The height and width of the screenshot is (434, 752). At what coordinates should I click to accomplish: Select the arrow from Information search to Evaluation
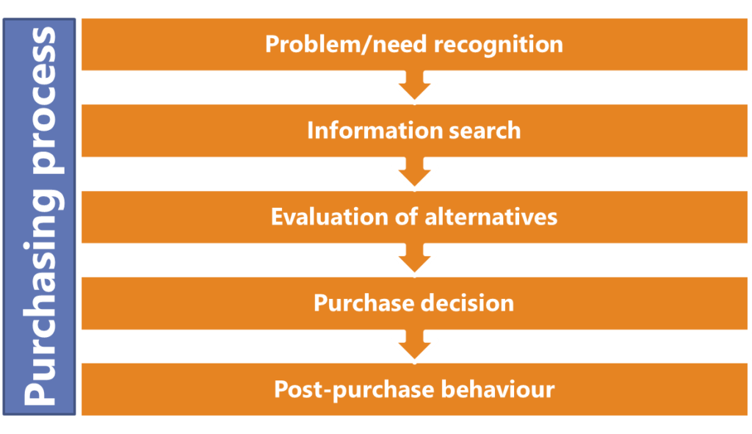pos(414,173)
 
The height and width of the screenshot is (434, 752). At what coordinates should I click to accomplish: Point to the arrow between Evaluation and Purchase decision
pos(414,260)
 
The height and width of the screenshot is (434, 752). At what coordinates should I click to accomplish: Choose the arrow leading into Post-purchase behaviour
pos(414,346)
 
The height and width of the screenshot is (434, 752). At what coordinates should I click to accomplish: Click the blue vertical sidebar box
pos(39,217)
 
